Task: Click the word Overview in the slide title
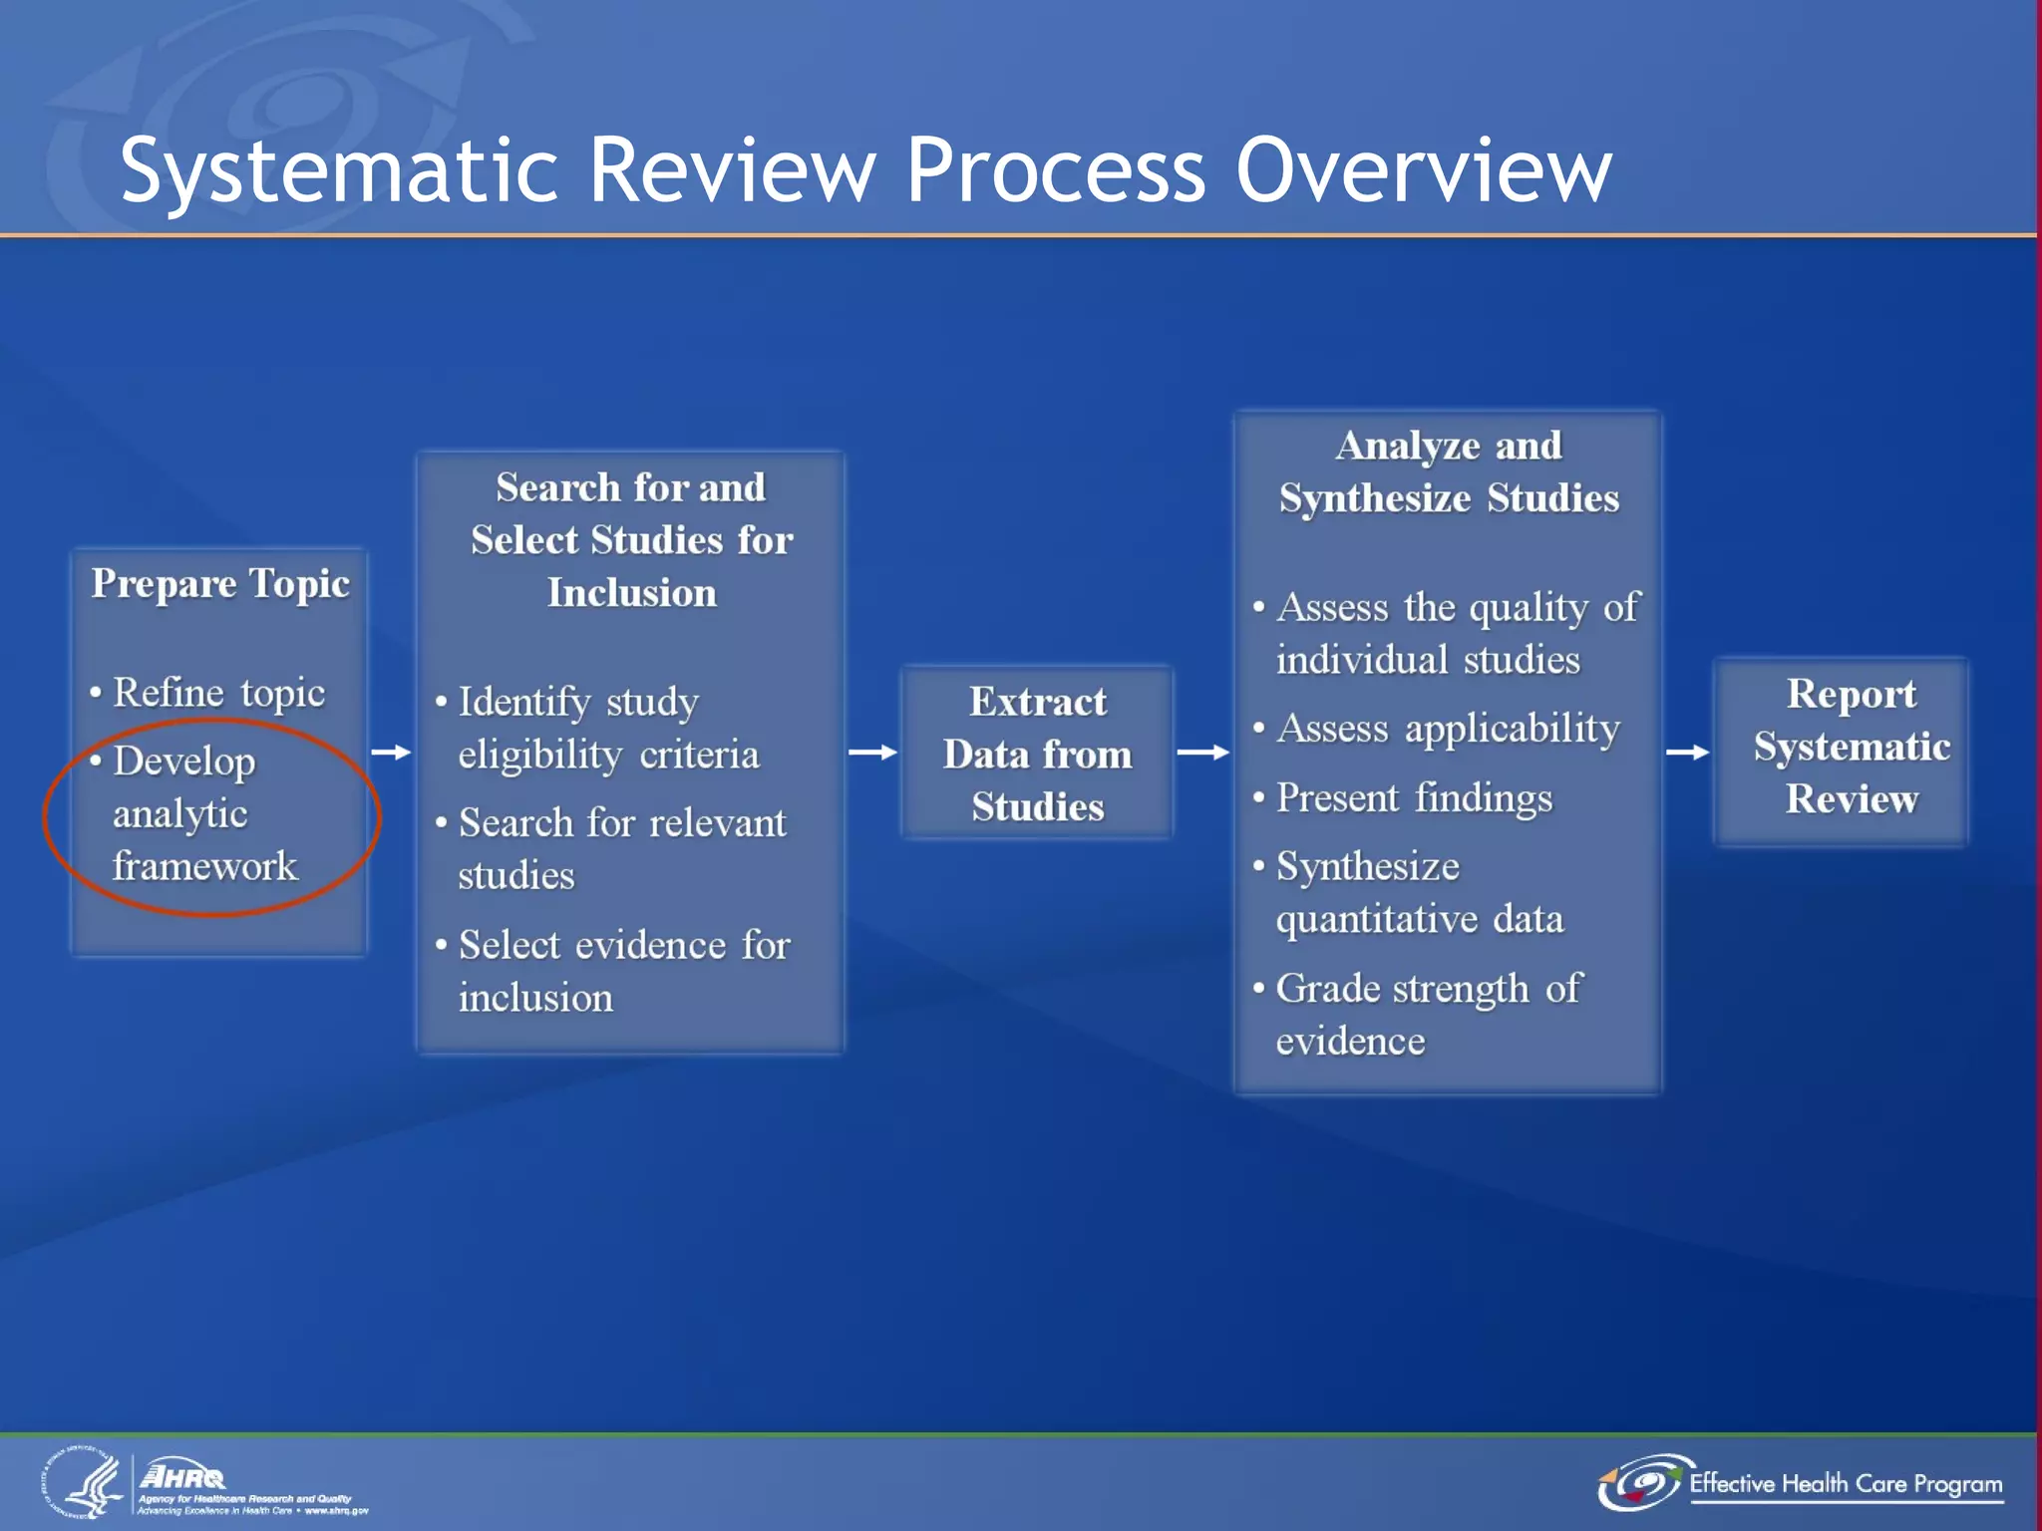(x=1423, y=169)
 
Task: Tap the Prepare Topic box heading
(x=220, y=584)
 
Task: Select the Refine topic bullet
(x=218, y=693)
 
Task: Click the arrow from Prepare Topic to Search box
(x=391, y=753)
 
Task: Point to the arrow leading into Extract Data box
(x=872, y=753)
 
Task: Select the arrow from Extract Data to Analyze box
(x=1202, y=753)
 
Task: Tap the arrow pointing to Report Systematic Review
(x=1687, y=753)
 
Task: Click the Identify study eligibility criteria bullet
(x=608, y=729)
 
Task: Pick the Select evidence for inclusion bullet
(x=623, y=971)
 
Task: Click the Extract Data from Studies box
(x=1037, y=754)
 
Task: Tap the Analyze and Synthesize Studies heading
(x=1448, y=471)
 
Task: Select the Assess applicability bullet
(x=1448, y=729)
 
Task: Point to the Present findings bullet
(x=1414, y=798)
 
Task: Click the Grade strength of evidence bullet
(x=1428, y=1015)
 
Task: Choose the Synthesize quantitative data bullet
(x=1419, y=892)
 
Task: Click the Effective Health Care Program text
(x=1845, y=1484)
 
